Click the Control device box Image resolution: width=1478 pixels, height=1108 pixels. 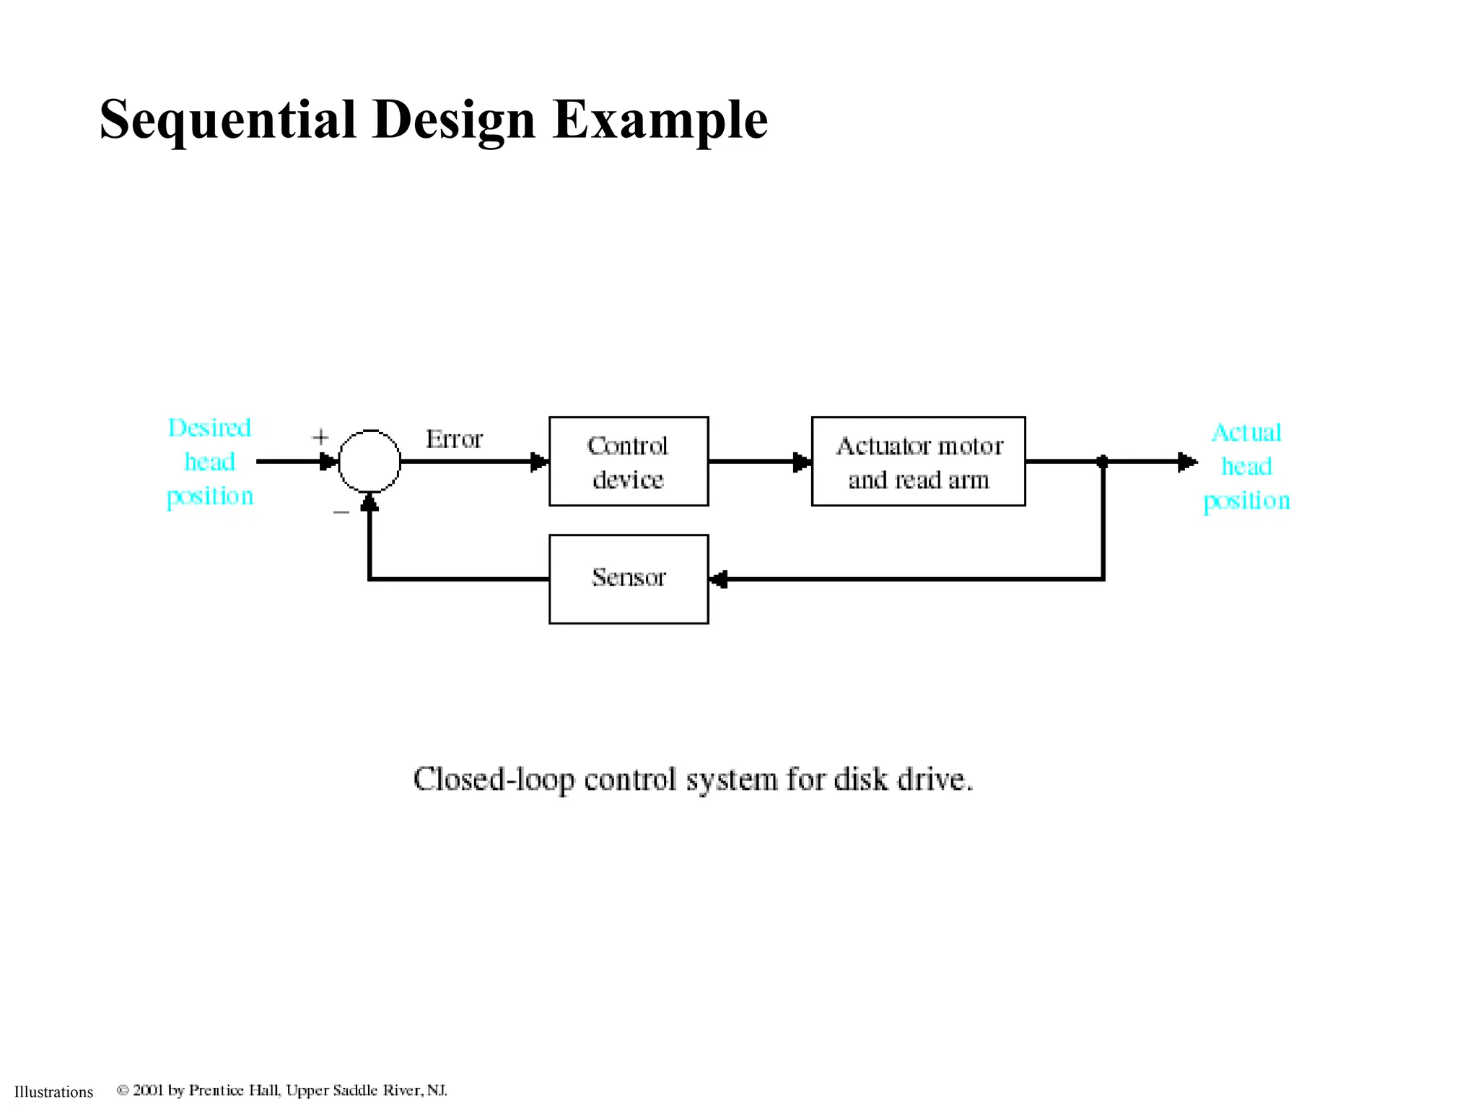coord(628,462)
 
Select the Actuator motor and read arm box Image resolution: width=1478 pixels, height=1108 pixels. coord(918,462)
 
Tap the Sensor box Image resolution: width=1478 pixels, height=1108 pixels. coord(628,579)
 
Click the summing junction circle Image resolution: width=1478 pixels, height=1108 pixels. coord(369,462)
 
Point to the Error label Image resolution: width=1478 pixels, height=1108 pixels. coord(453,439)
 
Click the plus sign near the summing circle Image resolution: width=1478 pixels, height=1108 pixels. coord(320,437)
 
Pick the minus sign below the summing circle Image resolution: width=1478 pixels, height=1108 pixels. coord(341,512)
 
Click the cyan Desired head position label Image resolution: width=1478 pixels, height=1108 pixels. coord(209,462)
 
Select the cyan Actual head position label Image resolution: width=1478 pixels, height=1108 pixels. coord(1246,466)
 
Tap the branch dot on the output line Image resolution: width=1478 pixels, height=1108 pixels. coord(1103,462)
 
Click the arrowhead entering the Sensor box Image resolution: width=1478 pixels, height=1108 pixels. coord(719,579)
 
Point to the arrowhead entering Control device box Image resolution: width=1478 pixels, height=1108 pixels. coord(539,462)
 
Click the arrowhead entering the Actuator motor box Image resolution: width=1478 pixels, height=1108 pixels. coord(802,462)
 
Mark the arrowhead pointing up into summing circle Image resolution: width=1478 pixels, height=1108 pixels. coord(369,502)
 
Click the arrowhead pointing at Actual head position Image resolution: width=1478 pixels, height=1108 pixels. coord(1187,462)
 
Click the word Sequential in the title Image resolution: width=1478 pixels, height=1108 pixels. coord(228,120)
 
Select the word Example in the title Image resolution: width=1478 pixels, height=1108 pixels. coord(660,120)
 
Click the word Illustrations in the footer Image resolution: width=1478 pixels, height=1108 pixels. coord(53,1092)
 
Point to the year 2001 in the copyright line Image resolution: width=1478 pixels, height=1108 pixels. coord(149,1090)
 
